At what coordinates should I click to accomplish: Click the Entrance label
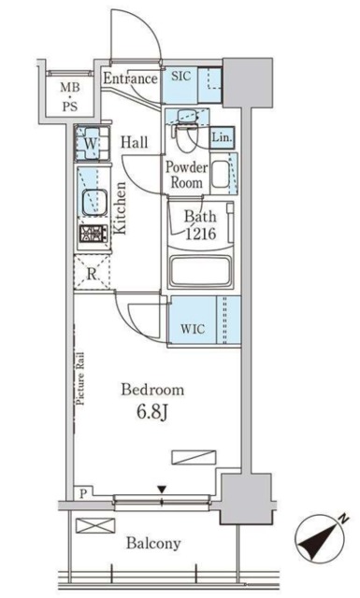[130, 78]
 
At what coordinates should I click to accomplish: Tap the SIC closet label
[180, 77]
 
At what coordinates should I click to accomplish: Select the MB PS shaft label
[70, 96]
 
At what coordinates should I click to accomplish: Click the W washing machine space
[92, 143]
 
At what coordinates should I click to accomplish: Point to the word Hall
[135, 142]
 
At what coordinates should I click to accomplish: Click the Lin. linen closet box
[222, 137]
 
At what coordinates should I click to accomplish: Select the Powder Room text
[187, 175]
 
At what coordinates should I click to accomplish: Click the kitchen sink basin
[94, 202]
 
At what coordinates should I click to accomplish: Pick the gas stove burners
[94, 234]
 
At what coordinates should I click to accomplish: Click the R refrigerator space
[92, 273]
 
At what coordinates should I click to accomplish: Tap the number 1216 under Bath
[201, 234]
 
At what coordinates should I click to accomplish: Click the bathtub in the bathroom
[200, 272]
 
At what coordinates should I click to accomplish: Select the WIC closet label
[193, 328]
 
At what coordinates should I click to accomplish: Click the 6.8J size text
[151, 411]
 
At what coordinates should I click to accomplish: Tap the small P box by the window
[83, 494]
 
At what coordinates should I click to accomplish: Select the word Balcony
[153, 543]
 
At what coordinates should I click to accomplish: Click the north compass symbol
[321, 539]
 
